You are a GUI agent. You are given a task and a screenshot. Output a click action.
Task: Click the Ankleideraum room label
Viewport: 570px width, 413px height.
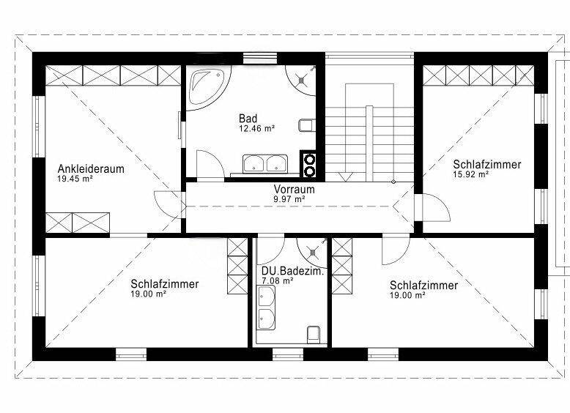tap(91, 169)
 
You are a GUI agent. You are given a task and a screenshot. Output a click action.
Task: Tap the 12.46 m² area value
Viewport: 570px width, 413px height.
tap(256, 128)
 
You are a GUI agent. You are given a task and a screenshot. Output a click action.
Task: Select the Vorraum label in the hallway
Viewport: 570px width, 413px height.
tap(294, 189)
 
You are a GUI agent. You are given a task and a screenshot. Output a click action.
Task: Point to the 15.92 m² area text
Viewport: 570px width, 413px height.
tap(470, 174)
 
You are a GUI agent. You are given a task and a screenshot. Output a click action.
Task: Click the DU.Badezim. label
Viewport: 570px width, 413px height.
tap(292, 271)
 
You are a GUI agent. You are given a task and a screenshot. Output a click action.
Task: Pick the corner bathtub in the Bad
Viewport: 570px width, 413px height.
tap(208, 87)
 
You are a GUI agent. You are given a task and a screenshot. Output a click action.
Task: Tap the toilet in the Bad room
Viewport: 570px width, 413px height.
tap(306, 125)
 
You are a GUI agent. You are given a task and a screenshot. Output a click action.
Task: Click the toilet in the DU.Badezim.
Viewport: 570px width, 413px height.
tap(314, 335)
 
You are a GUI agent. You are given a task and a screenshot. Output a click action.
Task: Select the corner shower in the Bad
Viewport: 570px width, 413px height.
tap(300, 80)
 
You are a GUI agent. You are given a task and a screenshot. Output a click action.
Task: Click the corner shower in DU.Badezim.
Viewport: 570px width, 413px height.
tap(312, 253)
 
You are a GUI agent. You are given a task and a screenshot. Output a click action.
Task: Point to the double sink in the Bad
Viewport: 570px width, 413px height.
tap(265, 163)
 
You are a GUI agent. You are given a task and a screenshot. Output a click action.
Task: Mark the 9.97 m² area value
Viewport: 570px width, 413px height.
tap(289, 199)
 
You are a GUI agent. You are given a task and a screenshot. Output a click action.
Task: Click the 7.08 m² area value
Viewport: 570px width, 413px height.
tap(278, 280)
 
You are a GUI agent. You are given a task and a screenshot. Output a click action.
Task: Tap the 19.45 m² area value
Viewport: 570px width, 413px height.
tap(75, 179)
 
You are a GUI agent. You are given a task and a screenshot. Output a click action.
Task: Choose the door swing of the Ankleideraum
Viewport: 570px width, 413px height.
tap(168, 204)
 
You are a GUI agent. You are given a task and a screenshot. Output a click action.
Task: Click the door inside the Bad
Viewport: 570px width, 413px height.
tap(210, 164)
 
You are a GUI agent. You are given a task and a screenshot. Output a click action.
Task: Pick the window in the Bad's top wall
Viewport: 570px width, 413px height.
tap(260, 58)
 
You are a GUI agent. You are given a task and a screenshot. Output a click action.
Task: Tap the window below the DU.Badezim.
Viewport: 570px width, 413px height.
tap(288, 354)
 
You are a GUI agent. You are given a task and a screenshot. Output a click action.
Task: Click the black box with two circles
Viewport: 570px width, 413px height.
tap(309, 165)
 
